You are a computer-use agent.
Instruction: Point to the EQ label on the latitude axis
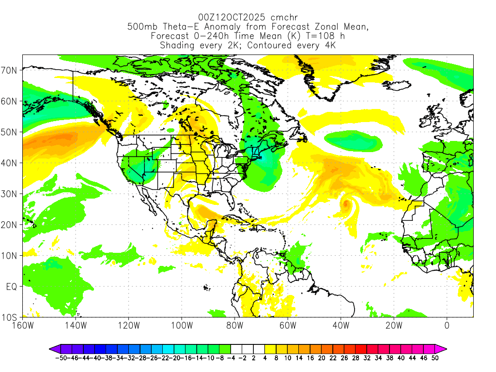12,287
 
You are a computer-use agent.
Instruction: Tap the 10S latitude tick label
11,318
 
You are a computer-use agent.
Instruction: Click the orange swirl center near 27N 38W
345,204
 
